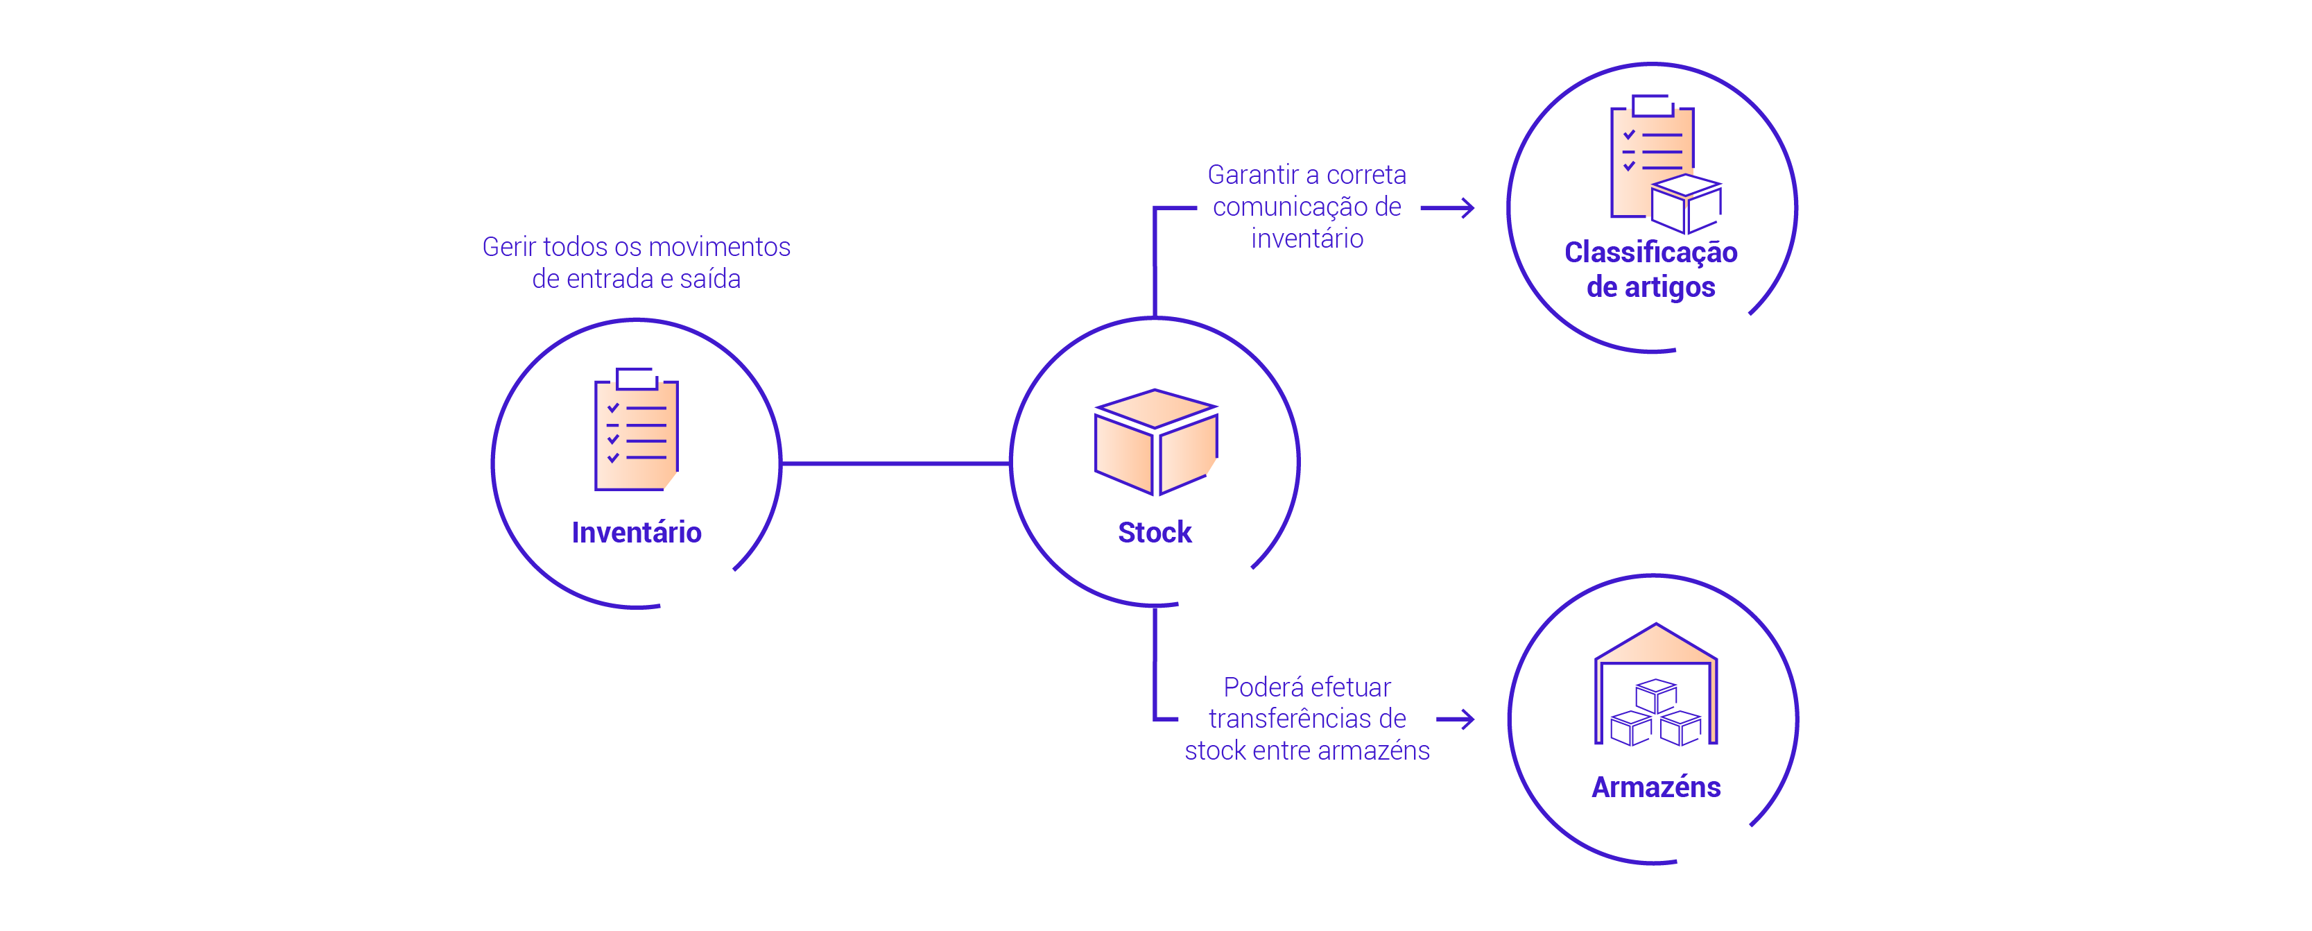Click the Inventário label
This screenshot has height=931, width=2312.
tap(637, 532)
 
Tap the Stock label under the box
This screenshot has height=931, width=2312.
tap(1154, 532)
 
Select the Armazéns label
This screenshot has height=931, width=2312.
tap(1656, 787)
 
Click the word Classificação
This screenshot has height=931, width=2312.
tap(1650, 253)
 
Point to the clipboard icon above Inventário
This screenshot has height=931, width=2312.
tap(637, 431)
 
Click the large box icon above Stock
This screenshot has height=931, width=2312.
tap(1155, 442)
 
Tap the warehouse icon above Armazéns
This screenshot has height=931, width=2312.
tap(1656, 684)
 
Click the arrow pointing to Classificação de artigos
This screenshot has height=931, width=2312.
tap(1448, 208)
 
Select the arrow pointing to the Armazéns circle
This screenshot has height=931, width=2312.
tap(1455, 719)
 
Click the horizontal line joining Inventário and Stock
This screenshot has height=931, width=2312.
tap(896, 463)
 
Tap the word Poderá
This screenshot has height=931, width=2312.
tap(1253, 687)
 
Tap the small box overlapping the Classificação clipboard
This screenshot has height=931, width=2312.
tap(1686, 204)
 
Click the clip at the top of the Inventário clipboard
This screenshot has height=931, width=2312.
tap(637, 378)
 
